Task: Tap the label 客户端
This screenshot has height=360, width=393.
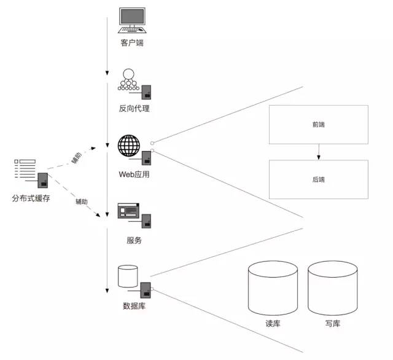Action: tap(133, 43)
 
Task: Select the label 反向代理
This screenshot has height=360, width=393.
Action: tap(134, 109)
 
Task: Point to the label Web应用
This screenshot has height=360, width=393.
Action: tap(134, 174)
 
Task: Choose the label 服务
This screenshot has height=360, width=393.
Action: tap(134, 240)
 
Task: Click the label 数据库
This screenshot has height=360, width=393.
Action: tap(134, 305)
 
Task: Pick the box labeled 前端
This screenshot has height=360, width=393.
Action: tap(318, 125)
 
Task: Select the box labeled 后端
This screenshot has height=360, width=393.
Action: tap(318, 179)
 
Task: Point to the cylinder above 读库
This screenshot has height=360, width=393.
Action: tap(273, 288)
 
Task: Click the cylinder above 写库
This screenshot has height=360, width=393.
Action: tap(333, 288)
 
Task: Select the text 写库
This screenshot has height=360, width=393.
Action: tap(333, 324)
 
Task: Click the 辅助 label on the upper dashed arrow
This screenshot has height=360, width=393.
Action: tap(76, 157)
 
